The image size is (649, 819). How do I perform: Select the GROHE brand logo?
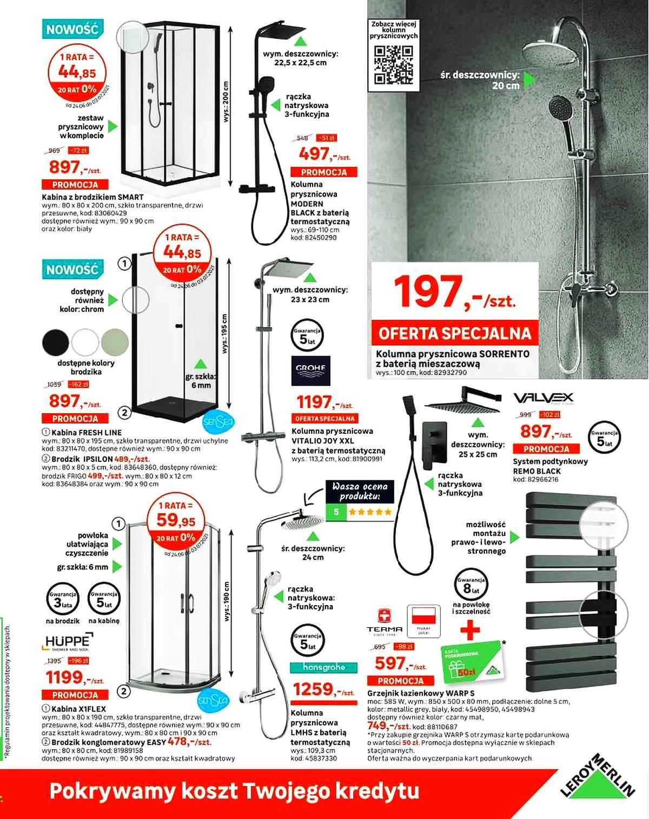310,370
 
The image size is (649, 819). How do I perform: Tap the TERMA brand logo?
385,621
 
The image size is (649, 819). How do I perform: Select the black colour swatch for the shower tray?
56,342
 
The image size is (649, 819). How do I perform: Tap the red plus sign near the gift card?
470,629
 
